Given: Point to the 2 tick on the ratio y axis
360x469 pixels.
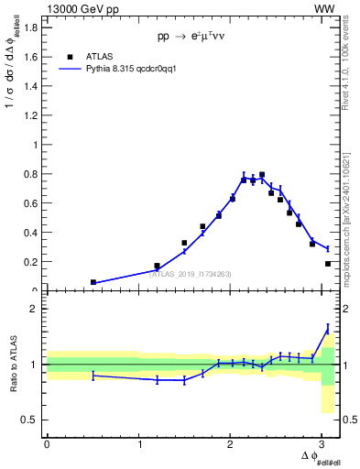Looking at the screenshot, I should pos(35,310).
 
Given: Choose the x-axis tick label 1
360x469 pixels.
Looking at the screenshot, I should pos(140,443).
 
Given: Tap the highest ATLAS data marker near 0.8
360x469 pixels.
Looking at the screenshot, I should pos(262,174).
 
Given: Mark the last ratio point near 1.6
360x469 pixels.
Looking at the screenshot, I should pos(328,328).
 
